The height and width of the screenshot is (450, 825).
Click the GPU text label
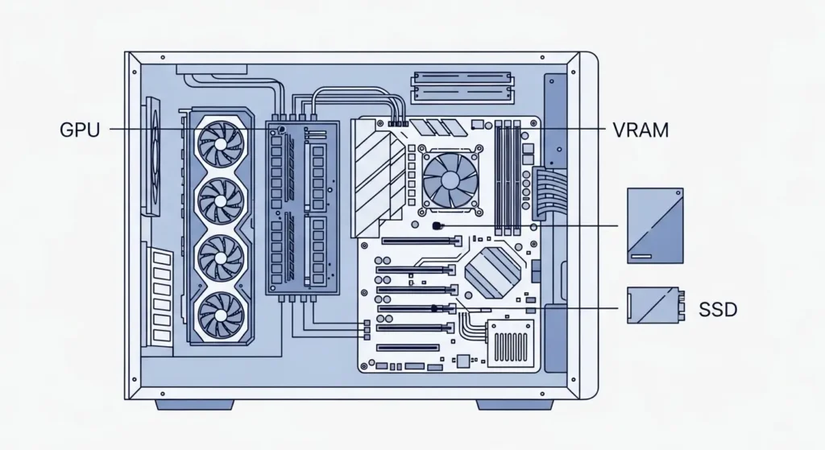(79, 130)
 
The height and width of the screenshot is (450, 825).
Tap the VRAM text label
(641, 130)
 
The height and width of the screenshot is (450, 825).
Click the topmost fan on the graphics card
(222, 141)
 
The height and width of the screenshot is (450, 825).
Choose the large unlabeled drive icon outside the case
(655, 225)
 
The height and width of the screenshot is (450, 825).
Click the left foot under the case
(194, 404)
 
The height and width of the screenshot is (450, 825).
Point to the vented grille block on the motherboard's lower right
(510, 344)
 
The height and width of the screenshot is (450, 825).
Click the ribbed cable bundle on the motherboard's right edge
(545, 192)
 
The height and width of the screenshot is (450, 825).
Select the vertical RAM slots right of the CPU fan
(508, 178)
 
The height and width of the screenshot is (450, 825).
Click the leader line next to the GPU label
(185, 130)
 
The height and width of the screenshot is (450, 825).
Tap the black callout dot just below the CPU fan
(436, 226)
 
